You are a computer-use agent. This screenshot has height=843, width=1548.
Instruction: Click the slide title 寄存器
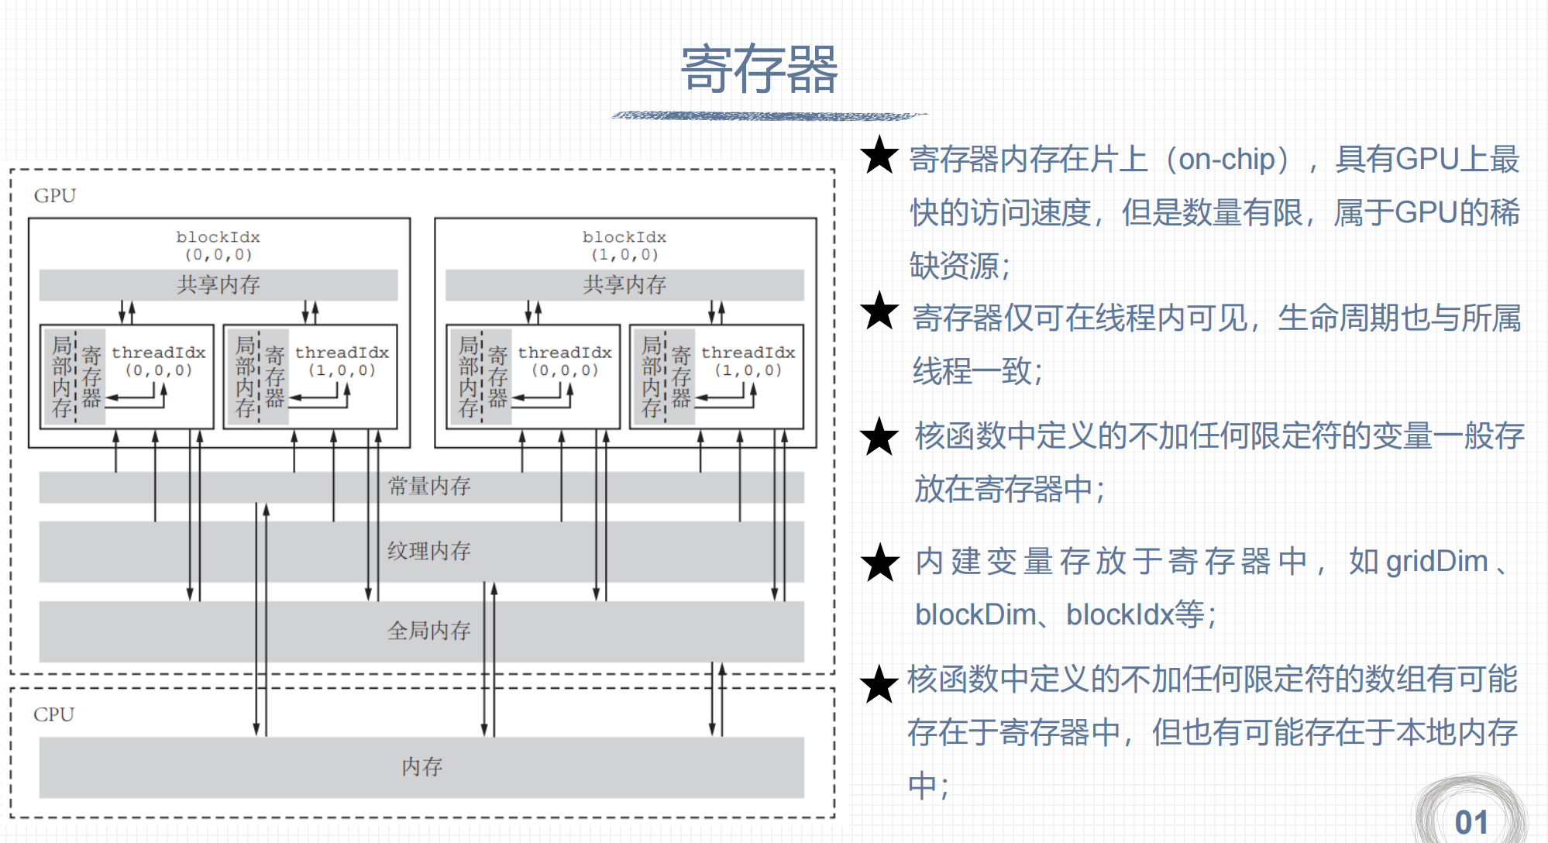pyautogui.click(x=759, y=70)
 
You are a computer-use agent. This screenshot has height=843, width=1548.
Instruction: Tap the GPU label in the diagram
pyautogui.click(x=55, y=195)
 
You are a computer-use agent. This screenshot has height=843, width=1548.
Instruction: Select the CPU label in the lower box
pyautogui.click(x=53, y=714)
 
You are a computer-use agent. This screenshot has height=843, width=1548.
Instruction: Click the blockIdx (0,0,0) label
pyautogui.click(x=218, y=245)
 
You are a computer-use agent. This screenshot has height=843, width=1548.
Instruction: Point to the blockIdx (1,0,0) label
pyautogui.click(x=624, y=245)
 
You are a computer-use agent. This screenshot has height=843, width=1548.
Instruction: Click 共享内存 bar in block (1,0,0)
pyautogui.click(x=624, y=285)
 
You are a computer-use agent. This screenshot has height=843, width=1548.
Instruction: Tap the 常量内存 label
pyautogui.click(x=428, y=487)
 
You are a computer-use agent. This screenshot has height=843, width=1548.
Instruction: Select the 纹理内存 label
pyautogui.click(x=428, y=551)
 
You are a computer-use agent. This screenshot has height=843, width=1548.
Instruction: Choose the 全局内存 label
pyautogui.click(x=428, y=631)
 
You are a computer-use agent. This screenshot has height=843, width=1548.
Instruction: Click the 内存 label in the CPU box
pyautogui.click(x=421, y=767)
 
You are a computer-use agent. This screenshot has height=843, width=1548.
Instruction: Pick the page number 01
pyautogui.click(x=1471, y=822)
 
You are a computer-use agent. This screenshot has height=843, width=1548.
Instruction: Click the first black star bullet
pyautogui.click(x=879, y=156)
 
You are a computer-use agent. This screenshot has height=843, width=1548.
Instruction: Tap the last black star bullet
pyautogui.click(x=879, y=684)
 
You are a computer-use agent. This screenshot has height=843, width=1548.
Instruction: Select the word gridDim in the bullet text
pyautogui.click(x=1436, y=562)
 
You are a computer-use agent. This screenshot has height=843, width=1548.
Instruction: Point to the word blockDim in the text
pyautogui.click(x=975, y=615)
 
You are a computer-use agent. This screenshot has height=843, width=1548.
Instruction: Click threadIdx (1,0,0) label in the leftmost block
pyautogui.click(x=342, y=360)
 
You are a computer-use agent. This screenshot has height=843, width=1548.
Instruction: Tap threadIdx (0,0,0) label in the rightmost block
pyautogui.click(x=565, y=360)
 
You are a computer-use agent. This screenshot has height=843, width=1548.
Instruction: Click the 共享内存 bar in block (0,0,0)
pyautogui.click(x=218, y=285)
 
